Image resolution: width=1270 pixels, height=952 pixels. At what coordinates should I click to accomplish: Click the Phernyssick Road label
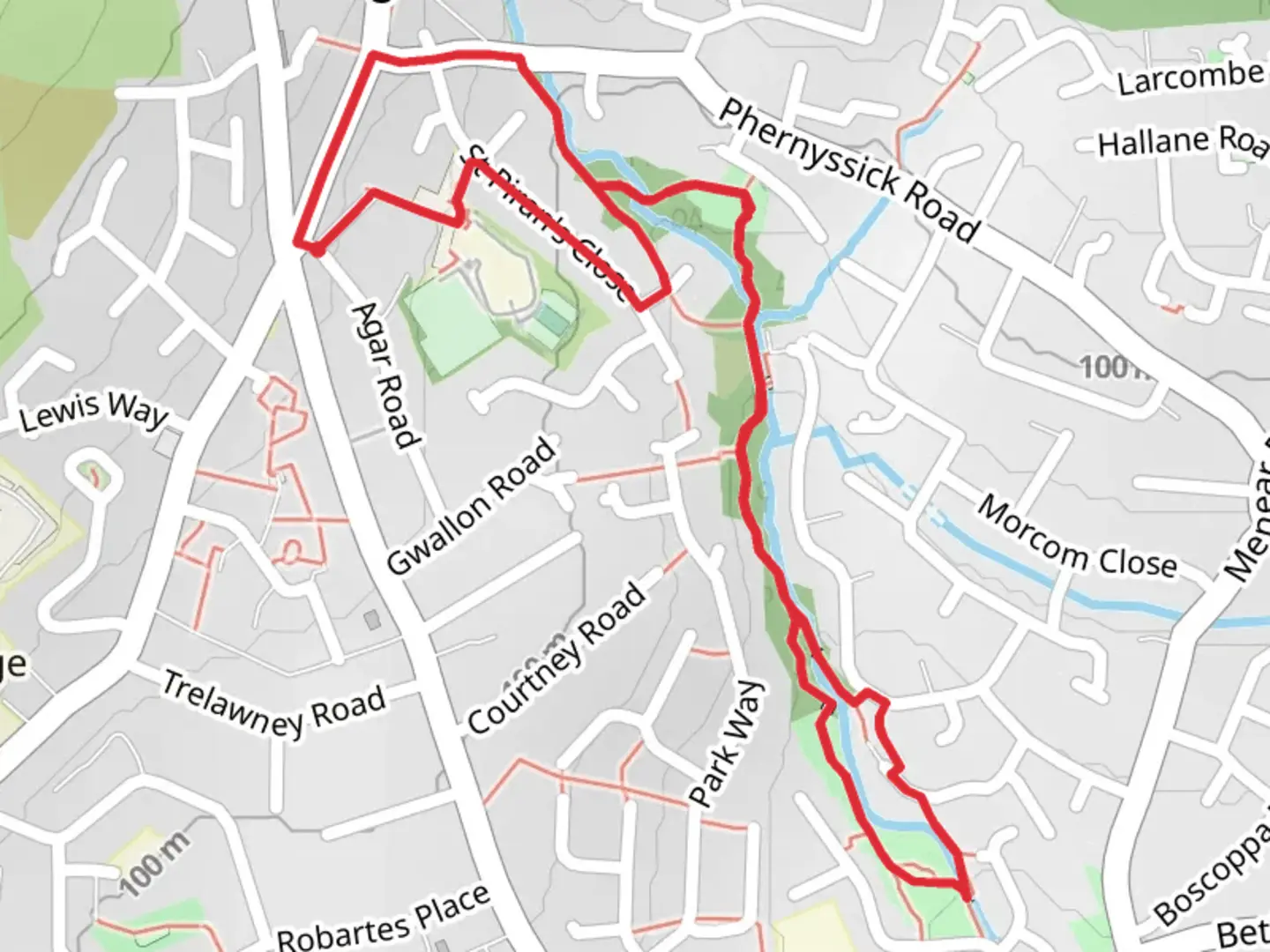pyautogui.click(x=848, y=171)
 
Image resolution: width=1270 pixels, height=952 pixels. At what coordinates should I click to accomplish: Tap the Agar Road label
pyautogui.click(x=384, y=375)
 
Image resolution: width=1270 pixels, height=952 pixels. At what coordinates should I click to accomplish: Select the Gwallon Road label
pyautogui.click(x=472, y=507)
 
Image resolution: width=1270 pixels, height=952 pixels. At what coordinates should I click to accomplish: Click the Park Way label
pyautogui.click(x=727, y=745)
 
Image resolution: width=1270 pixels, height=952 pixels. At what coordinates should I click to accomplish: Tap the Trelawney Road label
pyautogui.click(x=274, y=704)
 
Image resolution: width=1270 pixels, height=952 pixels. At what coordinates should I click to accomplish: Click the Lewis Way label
pyautogui.click(x=92, y=411)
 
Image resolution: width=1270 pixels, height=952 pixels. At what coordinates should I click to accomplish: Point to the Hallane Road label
pyautogui.click(x=1182, y=141)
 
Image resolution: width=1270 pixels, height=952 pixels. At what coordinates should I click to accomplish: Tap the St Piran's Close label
pyautogui.click(x=551, y=225)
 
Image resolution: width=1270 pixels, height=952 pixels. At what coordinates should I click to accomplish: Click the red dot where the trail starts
pyautogui.click(x=314, y=249)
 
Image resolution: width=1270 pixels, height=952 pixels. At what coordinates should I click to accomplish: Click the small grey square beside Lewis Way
pyautogui.click(x=165, y=443)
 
